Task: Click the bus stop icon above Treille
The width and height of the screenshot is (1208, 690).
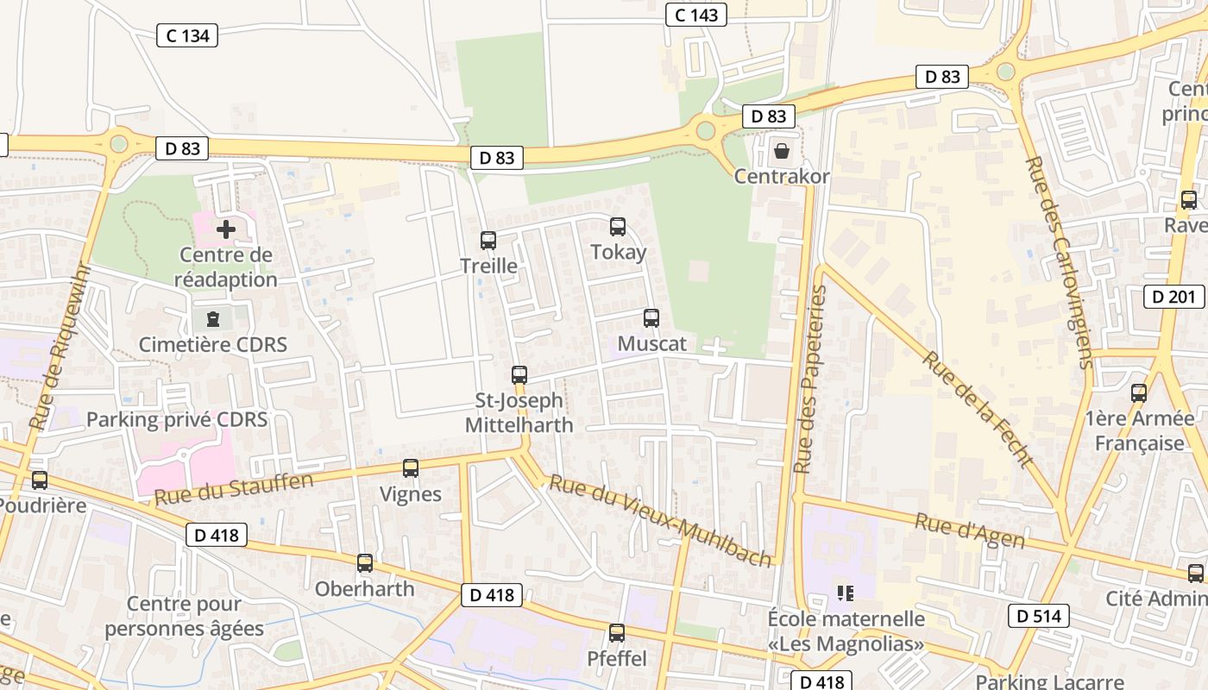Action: [x=488, y=241]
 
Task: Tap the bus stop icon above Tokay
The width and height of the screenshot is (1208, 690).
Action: [x=618, y=227]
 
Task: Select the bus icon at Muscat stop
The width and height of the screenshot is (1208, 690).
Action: [x=651, y=318]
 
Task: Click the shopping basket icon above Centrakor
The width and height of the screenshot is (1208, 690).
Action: [x=782, y=151]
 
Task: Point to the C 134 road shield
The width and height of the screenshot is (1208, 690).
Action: [x=187, y=35]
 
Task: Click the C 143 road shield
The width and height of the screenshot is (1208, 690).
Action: [x=696, y=15]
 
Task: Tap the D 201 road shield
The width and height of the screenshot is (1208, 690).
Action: [x=1173, y=297]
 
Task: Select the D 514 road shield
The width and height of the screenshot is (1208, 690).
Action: [x=1039, y=616]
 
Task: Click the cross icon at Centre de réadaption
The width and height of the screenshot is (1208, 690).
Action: [x=226, y=229]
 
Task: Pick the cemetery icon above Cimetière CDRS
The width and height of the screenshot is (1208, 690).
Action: [x=213, y=319]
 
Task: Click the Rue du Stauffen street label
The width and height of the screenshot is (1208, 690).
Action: [x=233, y=489]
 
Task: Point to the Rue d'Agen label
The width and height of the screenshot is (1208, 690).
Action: [x=969, y=531]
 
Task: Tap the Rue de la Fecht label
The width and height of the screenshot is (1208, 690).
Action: [x=978, y=409]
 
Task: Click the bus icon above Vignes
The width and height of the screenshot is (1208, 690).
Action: [x=411, y=468]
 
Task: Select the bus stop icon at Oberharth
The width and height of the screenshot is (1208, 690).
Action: [x=365, y=563]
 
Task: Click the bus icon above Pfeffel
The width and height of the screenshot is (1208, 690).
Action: [x=617, y=633]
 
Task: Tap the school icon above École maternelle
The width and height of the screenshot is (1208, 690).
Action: [x=846, y=593]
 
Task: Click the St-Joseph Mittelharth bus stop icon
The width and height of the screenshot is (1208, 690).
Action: [x=519, y=375]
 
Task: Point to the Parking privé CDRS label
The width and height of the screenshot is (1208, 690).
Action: [x=177, y=420]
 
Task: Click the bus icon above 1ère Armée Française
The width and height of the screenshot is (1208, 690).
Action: [x=1139, y=393]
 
